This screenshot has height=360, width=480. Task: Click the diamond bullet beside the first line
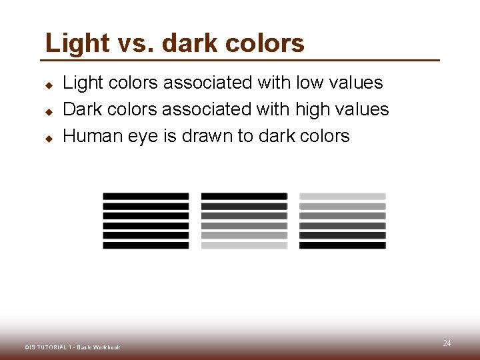tap(49, 85)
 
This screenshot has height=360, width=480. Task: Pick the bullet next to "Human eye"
tap(49, 139)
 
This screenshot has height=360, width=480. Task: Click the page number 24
tap(447, 343)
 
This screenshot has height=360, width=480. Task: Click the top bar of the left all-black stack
tap(146, 196)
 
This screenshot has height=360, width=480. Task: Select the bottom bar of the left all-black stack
tap(146, 245)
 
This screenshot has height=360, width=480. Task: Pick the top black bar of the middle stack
tap(244, 196)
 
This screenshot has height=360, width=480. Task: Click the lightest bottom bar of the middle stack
tap(244, 245)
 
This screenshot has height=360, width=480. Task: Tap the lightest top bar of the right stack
tap(342, 196)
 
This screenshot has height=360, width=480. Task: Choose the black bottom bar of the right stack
tap(342, 245)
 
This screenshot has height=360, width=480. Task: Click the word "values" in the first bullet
tap(358, 83)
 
